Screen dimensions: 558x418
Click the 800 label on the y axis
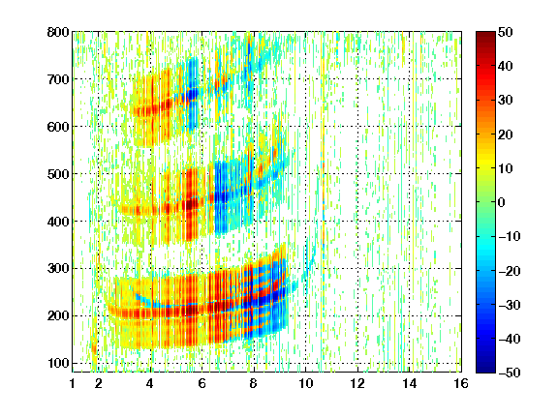(x=58, y=32)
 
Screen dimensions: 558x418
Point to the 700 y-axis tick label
(x=58, y=79)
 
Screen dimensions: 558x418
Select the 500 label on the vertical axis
(x=58, y=174)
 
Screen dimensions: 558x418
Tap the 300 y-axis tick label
(x=58, y=269)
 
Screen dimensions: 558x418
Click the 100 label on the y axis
(x=58, y=363)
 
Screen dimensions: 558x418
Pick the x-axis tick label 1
(x=73, y=383)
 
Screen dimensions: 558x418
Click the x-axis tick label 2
(x=99, y=383)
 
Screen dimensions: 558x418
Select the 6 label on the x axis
(x=202, y=383)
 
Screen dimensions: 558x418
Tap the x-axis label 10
(x=306, y=383)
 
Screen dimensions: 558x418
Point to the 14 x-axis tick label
(x=410, y=383)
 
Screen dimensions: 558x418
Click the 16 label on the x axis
(x=461, y=383)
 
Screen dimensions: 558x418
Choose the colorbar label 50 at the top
(x=506, y=32)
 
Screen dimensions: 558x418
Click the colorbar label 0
(x=502, y=202)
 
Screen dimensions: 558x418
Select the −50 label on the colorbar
(x=510, y=373)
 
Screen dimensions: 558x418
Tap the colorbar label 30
(x=506, y=101)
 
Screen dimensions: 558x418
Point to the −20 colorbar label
(x=510, y=271)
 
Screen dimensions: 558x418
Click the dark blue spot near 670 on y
(x=193, y=95)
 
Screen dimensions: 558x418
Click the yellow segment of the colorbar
(x=485, y=160)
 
